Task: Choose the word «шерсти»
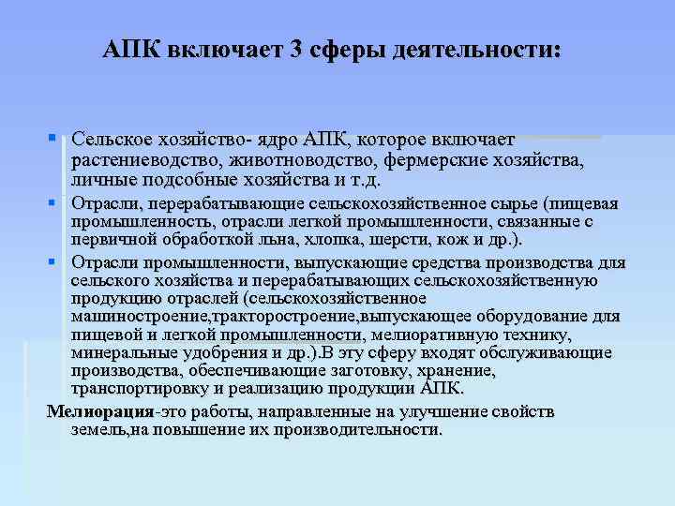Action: coord(382,241)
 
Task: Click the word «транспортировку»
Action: coord(137,388)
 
